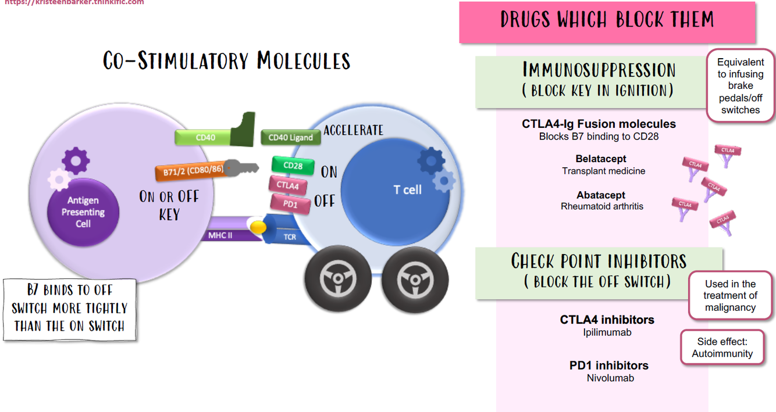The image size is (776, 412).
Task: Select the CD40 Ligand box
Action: point(290,138)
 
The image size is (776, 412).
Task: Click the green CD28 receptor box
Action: point(293,166)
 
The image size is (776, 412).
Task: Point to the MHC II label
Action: point(220,236)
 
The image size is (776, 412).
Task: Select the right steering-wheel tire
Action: point(415,280)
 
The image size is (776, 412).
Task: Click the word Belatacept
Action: point(601,159)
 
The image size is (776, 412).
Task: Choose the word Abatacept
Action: point(601,195)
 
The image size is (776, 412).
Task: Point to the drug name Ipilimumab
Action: point(607,332)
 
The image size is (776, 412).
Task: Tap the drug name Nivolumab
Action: point(610,378)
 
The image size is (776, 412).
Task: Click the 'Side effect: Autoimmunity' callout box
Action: point(722,347)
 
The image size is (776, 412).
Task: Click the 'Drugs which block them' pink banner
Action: point(607,21)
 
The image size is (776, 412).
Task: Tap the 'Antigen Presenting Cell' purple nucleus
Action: point(83,212)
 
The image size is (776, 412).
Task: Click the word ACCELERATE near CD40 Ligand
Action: point(353,130)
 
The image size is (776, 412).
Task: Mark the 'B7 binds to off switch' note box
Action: point(69,308)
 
